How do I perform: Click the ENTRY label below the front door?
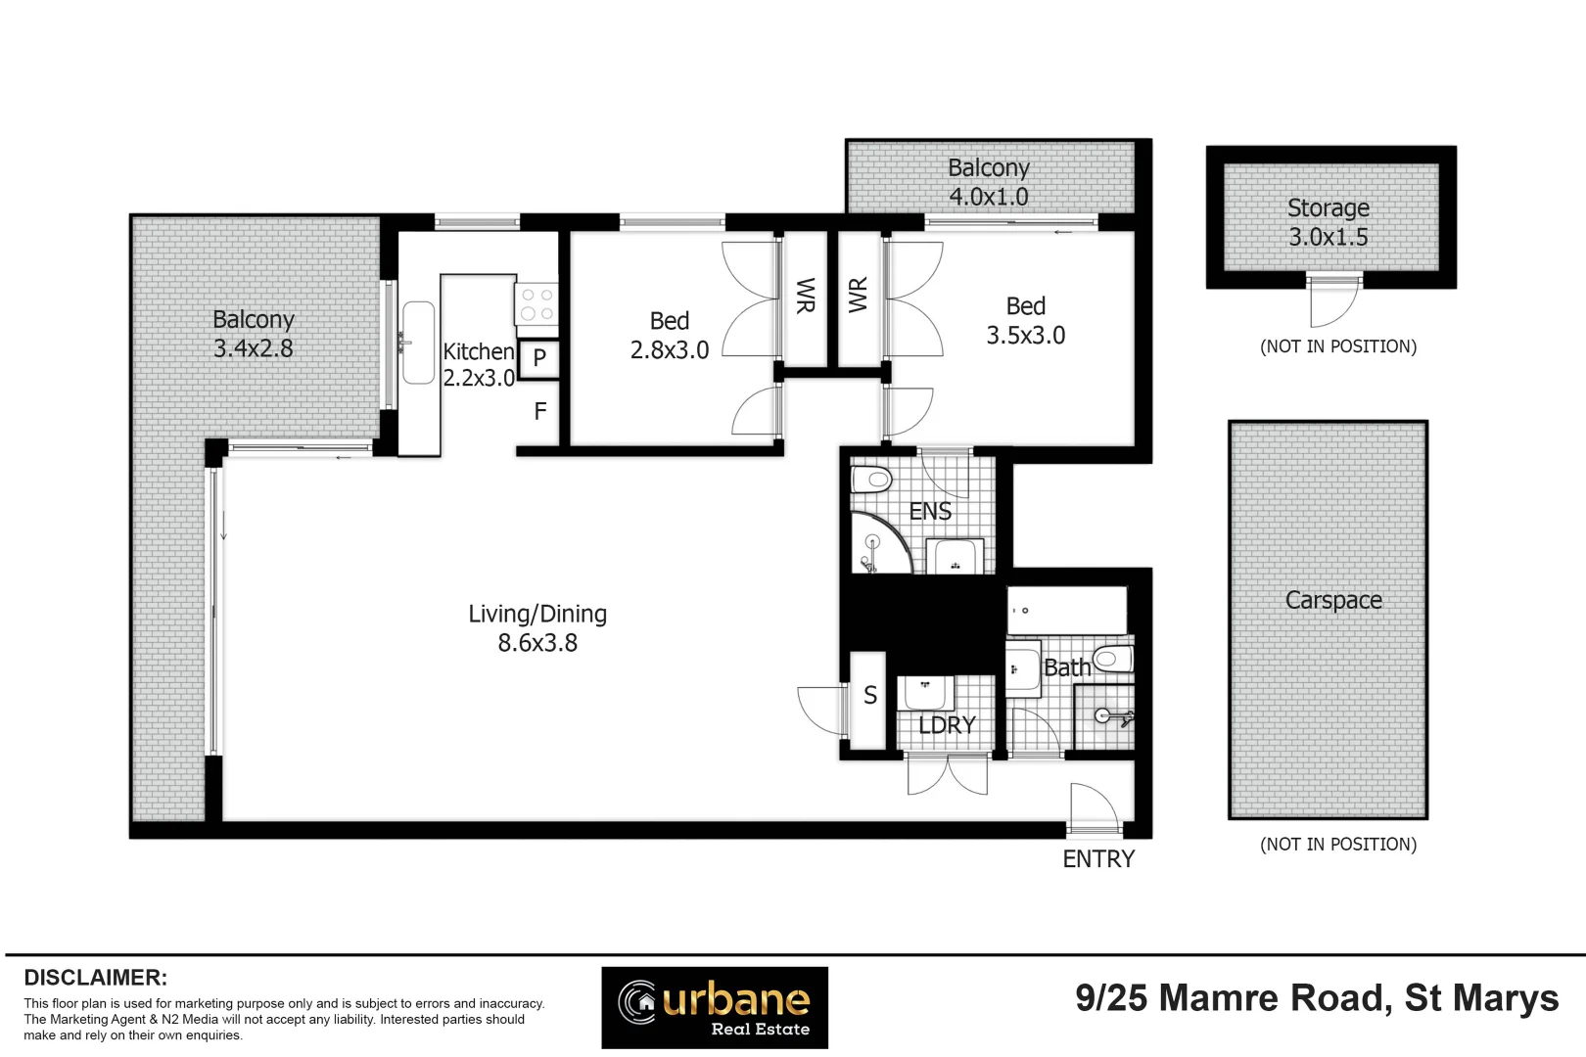[1098, 859]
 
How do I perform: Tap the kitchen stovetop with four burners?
[536, 303]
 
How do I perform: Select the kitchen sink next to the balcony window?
[418, 343]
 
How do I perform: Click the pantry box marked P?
[538, 358]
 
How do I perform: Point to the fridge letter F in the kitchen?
[539, 412]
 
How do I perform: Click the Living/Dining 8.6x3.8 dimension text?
[537, 643]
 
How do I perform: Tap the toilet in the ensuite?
[871, 480]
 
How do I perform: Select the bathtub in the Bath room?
[1066, 610]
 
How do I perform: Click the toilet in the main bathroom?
[1113, 659]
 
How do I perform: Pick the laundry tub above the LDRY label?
[925, 693]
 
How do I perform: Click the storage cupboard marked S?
[869, 696]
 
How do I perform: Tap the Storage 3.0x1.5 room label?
[1329, 222]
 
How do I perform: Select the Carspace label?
[1333, 600]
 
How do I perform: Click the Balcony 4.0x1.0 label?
[988, 182]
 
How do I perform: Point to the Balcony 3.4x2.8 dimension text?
[254, 348]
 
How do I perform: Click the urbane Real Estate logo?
[715, 1007]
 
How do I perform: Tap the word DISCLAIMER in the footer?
[95, 978]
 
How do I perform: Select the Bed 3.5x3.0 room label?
[1025, 321]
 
